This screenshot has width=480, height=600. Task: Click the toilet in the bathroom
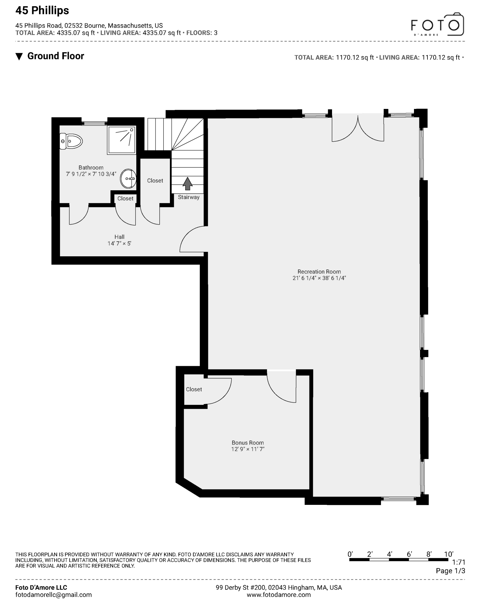(x=71, y=141)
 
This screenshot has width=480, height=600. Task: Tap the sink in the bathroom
(x=128, y=179)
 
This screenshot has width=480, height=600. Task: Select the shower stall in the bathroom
(x=121, y=140)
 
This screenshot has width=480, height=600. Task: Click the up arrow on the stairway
(x=188, y=183)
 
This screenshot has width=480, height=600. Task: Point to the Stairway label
(x=189, y=197)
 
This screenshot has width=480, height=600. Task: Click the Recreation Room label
(x=319, y=272)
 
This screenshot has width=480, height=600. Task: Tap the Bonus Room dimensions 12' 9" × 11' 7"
(x=248, y=449)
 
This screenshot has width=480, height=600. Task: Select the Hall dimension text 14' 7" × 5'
(x=119, y=243)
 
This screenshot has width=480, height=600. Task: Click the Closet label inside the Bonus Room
(x=194, y=389)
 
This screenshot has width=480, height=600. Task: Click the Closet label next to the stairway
(x=155, y=180)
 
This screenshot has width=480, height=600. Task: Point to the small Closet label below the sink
(x=125, y=198)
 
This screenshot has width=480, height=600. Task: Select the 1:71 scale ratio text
(x=458, y=562)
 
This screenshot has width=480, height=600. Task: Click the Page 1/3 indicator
(x=450, y=571)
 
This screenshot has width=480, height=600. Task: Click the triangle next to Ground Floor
(x=19, y=56)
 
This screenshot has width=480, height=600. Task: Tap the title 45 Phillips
(x=42, y=11)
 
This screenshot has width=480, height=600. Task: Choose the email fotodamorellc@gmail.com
(x=53, y=595)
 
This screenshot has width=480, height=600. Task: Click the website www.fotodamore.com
(x=279, y=595)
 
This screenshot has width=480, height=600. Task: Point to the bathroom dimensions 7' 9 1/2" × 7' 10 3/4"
(x=91, y=174)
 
